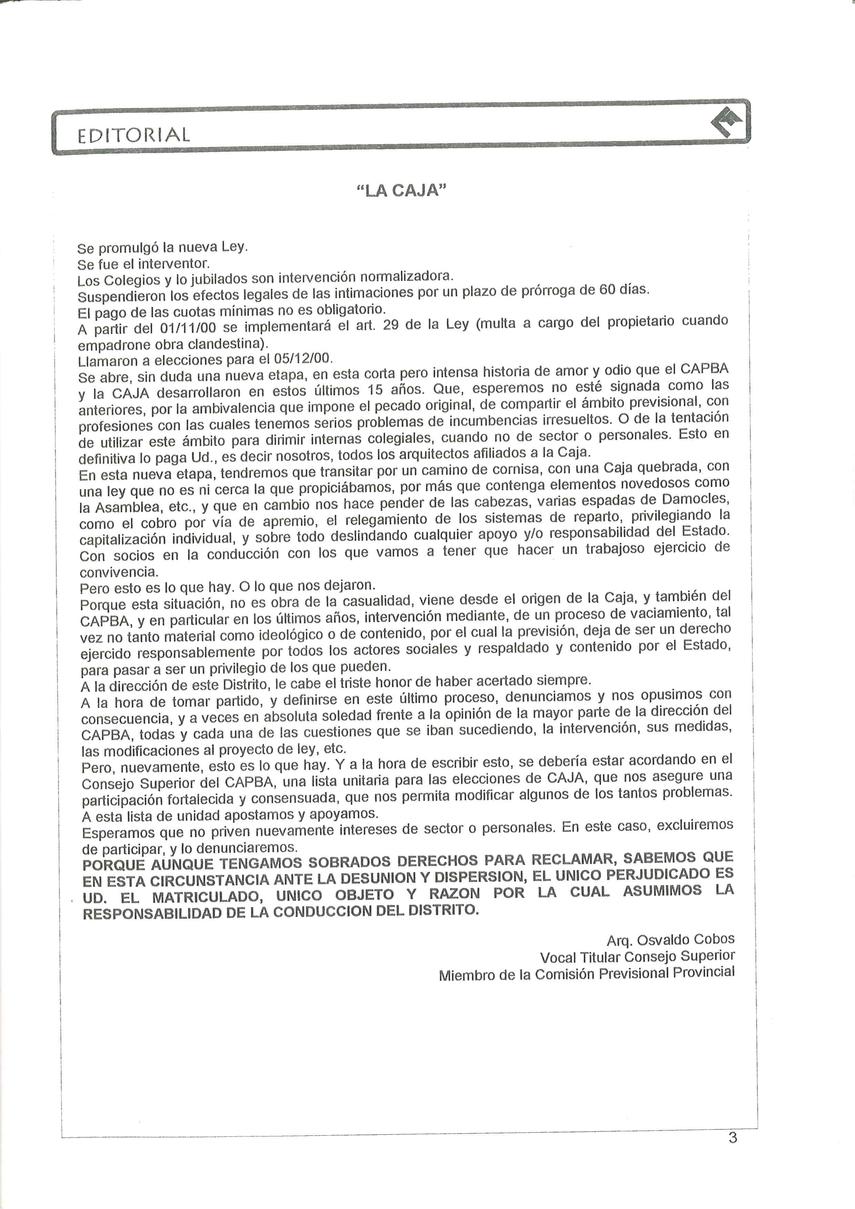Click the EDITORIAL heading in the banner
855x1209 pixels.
(x=133, y=135)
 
